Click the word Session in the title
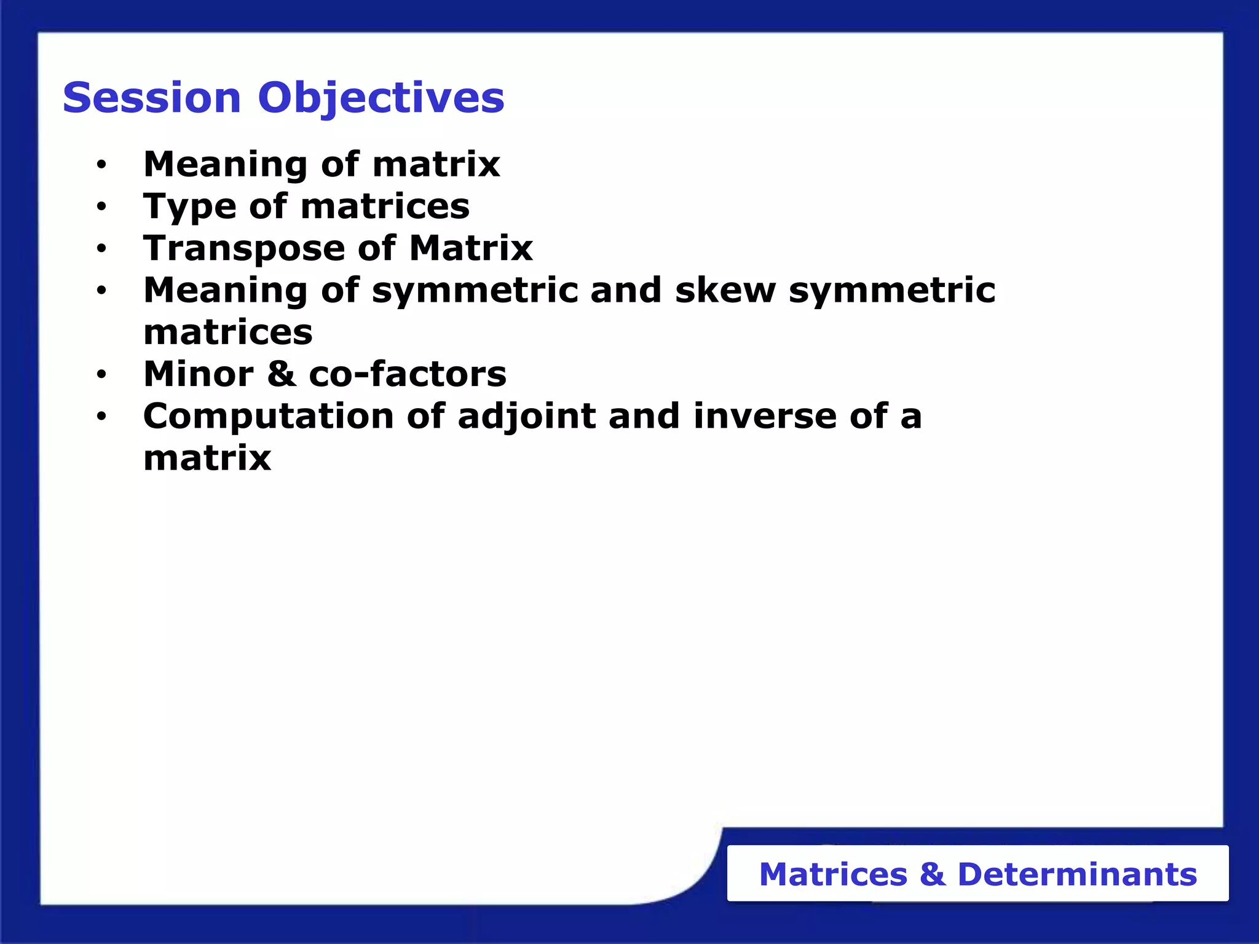point(151,98)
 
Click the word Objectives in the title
point(381,98)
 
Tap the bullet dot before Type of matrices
point(101,207)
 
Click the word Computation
point(268,417)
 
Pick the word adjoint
point(527,417)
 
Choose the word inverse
point(765,416)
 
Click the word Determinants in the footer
point(1077,874)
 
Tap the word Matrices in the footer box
point(833,874)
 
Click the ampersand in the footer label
point(932,874)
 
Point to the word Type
point(189,207)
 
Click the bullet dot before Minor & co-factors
point(101,374)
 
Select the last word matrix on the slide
point(207,458)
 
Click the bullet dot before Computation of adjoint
point(101,417)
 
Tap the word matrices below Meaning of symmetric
point(227,332)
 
